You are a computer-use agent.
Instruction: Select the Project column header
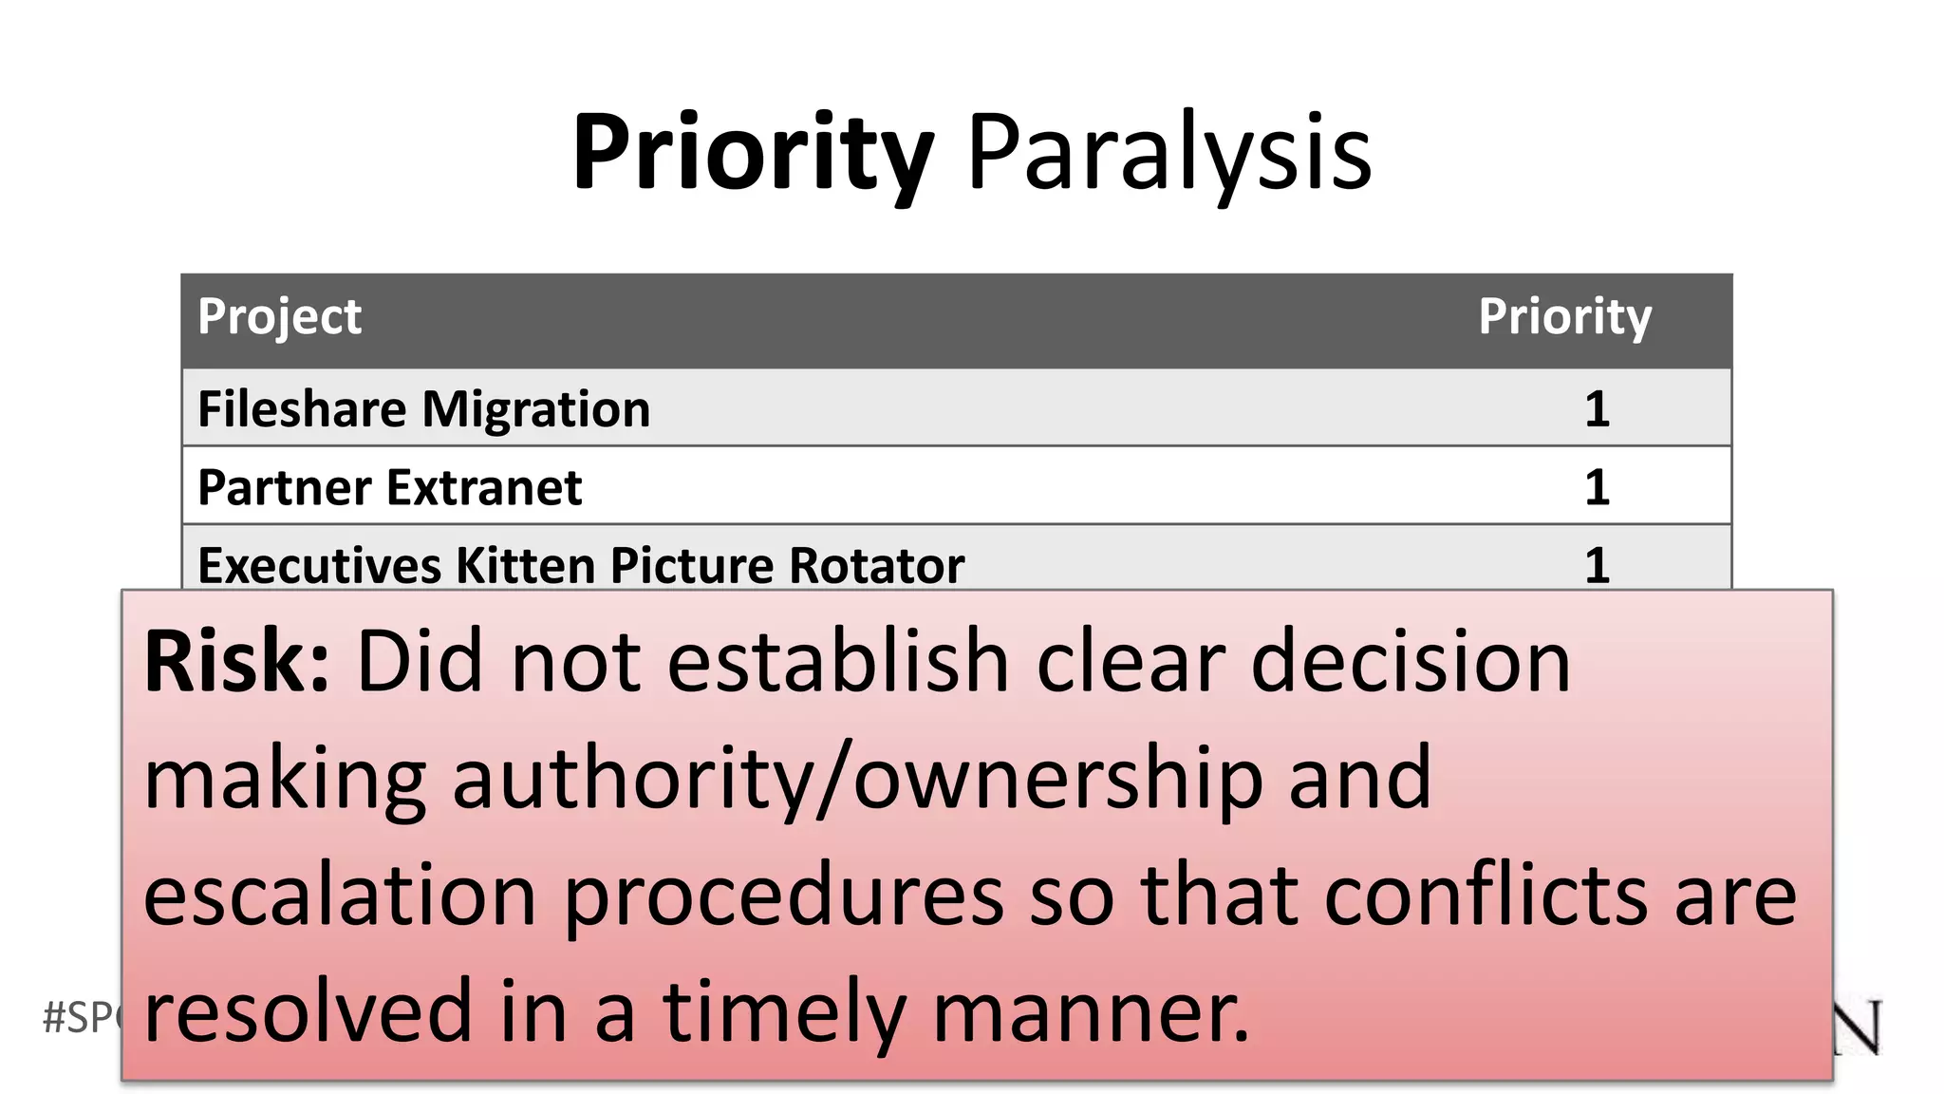point(279,316)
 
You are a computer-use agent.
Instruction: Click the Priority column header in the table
point(1564,316)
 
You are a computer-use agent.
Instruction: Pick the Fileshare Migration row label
point(423,409)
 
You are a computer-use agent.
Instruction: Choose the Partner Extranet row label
point(389,488)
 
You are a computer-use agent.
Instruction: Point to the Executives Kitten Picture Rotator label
point(581,565)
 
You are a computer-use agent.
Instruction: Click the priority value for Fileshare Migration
point(1597,409)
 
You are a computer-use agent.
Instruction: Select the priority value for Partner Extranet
point(1597,488)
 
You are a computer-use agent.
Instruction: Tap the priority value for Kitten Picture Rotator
point(1597,565)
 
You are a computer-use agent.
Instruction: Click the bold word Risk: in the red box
point(236,662)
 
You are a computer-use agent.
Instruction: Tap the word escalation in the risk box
point(340,896)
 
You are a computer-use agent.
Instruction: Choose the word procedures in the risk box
point(784,896)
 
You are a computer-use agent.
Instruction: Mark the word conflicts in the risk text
point(1486,896)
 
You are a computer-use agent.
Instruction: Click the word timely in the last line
point(784,1011)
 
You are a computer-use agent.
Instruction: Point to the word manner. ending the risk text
point(1091,1011)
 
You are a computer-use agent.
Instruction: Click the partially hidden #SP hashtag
point(82,1018)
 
